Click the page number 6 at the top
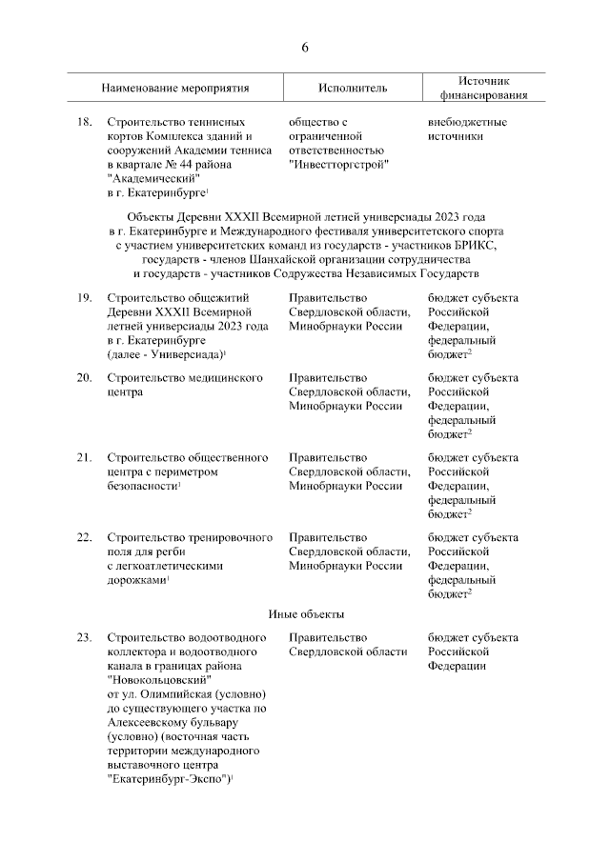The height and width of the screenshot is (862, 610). tap(305, 47)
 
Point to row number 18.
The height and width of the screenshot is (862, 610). tap(84, 123)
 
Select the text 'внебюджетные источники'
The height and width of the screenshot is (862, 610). tap(467, 130)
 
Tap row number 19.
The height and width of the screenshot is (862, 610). tap(84, 298)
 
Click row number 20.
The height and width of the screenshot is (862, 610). tap(84, 378)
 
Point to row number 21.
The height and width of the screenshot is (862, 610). tap(84, 458)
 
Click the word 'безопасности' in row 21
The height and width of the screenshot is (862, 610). tap(142, 486)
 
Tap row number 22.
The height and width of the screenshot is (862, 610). tap(84, 538)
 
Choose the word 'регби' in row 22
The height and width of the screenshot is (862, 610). tap(171, 551)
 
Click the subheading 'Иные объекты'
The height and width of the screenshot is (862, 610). tap(305, 612)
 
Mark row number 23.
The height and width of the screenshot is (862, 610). tap(84, 638)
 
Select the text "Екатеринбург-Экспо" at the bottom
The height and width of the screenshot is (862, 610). tap(168, 779)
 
